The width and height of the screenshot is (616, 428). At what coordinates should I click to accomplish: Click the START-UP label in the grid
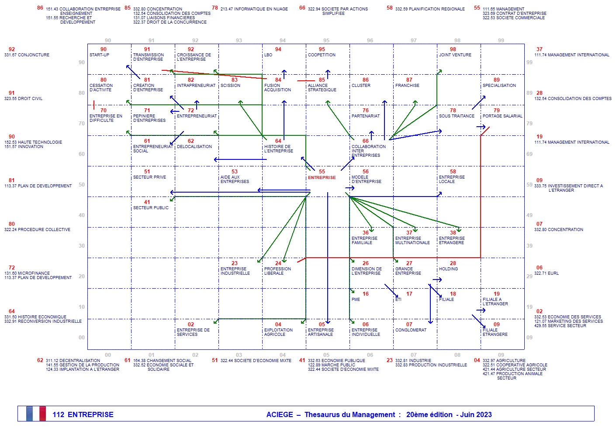tap(99, 55)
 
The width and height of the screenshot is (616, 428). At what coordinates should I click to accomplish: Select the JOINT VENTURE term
tap(455, 55)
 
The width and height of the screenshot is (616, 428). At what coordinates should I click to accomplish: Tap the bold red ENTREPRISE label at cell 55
tap(322, 178)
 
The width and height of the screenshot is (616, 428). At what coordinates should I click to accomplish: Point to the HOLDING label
tap(448, 269)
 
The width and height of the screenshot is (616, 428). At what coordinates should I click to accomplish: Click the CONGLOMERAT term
tap(411, 330)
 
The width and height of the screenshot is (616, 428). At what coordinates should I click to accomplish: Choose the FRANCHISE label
tap(407, 86)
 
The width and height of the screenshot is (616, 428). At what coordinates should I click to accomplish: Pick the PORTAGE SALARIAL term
tap(502, 116)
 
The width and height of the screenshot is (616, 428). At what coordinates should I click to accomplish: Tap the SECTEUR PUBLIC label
tap(151, 208)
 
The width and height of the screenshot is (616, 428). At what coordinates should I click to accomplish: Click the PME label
tap(356, 300)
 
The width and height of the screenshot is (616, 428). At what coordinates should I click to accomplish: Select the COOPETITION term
tap(322, 55)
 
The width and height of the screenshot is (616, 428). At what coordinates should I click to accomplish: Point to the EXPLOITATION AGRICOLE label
tap(278, 332)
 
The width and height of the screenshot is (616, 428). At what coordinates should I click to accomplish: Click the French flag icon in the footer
tap(36, 414)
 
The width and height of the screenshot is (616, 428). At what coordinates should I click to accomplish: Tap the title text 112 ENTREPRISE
tap(83, 414)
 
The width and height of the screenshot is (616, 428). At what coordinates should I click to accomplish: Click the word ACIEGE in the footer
tap(280, 414)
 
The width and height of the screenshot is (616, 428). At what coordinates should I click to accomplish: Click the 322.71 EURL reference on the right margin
tap(546, 273)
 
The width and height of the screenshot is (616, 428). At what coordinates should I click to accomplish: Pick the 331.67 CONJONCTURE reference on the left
tap(27, 55)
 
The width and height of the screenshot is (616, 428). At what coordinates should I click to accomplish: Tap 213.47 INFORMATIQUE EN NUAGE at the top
tap(254, 9)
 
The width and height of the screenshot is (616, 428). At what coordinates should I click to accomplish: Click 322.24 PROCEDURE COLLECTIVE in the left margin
tap(37, 230)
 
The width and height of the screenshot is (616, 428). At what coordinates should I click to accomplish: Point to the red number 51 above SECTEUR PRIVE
tap(147, 172)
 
